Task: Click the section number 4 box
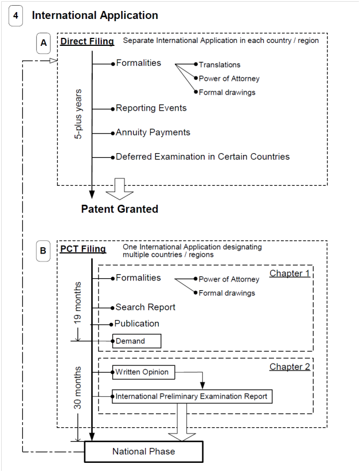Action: point(15,16)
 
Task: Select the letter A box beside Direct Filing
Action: point(44,42)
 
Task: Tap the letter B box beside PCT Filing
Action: point(44,251)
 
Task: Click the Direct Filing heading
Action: point(87,41)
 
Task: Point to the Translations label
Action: point(220,65)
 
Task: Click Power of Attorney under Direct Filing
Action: point(229,79)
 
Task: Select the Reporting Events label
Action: point(151,108)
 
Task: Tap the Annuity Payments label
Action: point(152,132)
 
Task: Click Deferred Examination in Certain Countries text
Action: point(202,157)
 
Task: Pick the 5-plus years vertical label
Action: point(79,114)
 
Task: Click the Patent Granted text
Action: point(119,209)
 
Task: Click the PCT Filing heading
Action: point(83,249)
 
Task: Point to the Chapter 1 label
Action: point(289,274)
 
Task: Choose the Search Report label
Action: point(146,307)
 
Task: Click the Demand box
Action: point(136,341)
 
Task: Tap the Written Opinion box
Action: point(142,372)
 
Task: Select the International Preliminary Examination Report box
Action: point(191,396)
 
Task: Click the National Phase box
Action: point(144,451)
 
